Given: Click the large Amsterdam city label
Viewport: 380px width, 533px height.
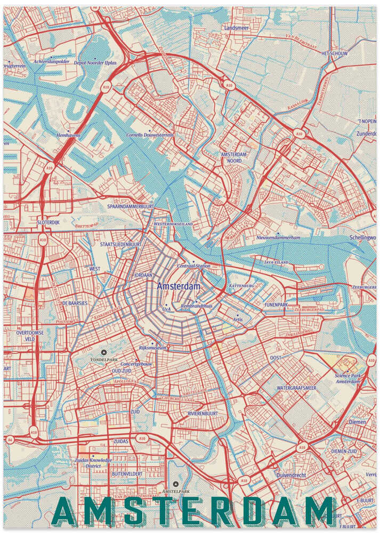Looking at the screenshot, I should (x=179, y=286).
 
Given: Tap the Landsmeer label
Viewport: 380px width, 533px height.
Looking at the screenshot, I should (x=237, y=27).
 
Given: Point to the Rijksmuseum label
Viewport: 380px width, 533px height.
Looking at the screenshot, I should (x=153, y=348).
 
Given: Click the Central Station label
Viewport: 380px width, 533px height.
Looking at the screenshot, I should (x=193, y=265).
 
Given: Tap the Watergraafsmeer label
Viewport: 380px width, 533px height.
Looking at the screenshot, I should (x=297, y=388).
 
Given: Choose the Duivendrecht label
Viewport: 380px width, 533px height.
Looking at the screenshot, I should (x=292, y=474).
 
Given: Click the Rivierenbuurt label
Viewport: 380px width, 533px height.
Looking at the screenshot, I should (x=203, y=413).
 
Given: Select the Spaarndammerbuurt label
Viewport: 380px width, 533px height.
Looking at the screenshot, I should (x=131, y=206).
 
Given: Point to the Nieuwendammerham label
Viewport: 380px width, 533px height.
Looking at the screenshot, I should (x=278, y=237).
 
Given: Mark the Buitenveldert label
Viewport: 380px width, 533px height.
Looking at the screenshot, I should (x=127, y=473).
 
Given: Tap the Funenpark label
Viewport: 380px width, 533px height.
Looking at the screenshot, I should (x=276, y=304).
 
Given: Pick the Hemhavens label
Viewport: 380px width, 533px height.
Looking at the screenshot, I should (x=68, y=135).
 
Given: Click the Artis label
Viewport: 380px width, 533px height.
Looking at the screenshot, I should (x=238, y=319).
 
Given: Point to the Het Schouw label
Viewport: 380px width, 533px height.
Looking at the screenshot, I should (x=334, y=54).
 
